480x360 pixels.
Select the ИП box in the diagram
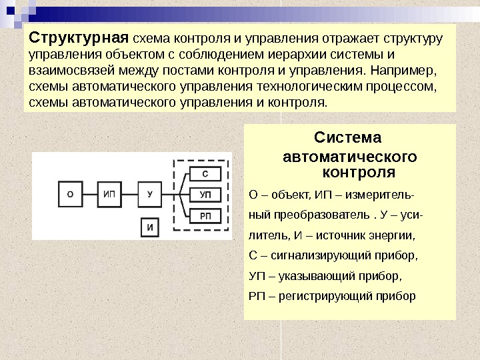click(x=111, y=195)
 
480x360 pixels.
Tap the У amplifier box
click(x=150, y=195)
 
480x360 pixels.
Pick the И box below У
click(x=150, y=228)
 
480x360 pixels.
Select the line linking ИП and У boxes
click(x=131, y=195)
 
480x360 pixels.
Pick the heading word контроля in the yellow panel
click(x=359, y=173)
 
